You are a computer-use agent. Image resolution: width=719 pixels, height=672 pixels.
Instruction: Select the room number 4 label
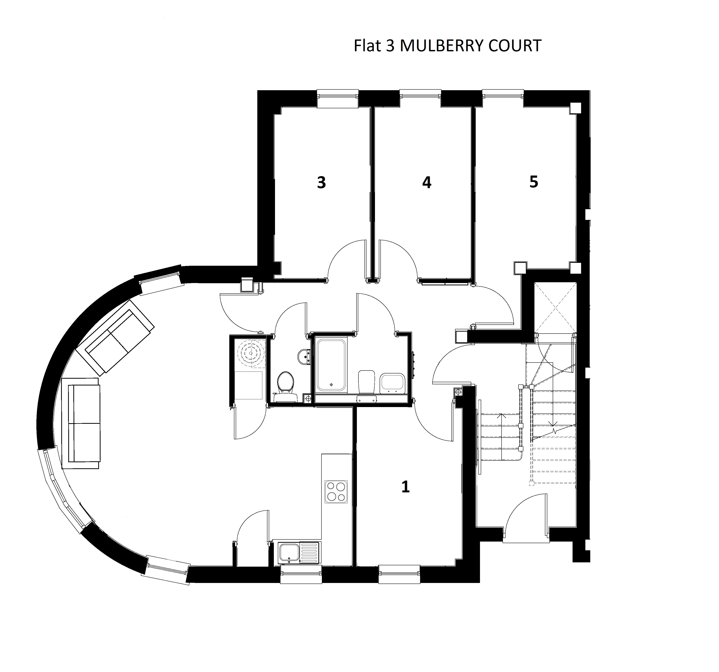[x=427, y=183]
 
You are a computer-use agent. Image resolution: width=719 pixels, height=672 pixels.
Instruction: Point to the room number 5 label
[x=533, y=182]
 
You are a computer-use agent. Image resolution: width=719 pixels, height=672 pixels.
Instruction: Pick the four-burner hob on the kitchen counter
[x=336, y=492]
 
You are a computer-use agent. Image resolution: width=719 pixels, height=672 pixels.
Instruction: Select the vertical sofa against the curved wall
[x=81, y=423]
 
